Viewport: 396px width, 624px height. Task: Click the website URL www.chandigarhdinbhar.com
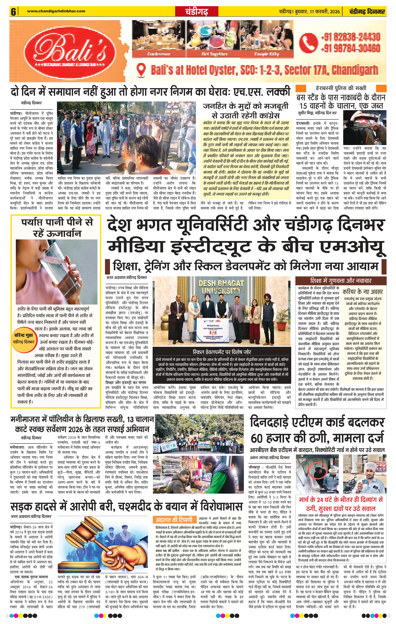click(x=56, y=11)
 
